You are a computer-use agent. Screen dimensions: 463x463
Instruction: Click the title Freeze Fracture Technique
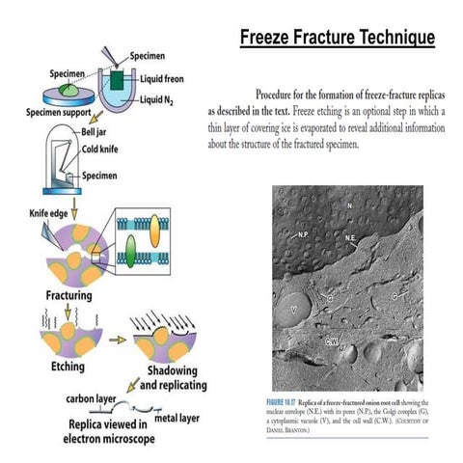point(337,38)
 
